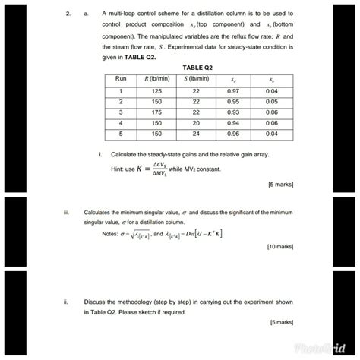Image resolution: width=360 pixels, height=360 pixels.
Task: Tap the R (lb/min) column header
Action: pyautogui.click(x=156, y=78)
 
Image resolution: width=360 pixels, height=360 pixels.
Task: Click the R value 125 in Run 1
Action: pyautogui.click(x=156, y=90)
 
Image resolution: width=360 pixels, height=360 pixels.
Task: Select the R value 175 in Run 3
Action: pyautogui.click(x=156, y=111)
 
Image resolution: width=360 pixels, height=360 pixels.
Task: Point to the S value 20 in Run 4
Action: pyautogui.click(x=196, y=122)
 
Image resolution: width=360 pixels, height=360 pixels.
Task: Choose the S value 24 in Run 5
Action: pyautogui.click(x=196, y=133)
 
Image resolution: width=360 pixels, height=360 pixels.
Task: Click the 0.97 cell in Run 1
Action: pyautogui.click(x=233, y=90)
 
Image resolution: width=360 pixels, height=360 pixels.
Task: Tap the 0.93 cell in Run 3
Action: pyautogui.click(x=233, y=111)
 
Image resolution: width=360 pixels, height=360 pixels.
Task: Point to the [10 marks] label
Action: pyautogui.click(x=279, y=247)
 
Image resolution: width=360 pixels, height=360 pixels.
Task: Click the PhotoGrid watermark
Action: pyautogui.click(x=314, y=346)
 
